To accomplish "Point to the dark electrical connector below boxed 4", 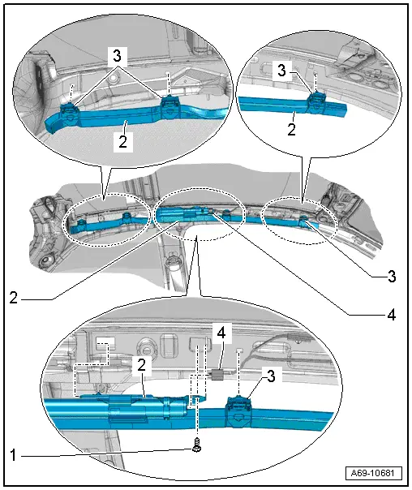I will [217, 376].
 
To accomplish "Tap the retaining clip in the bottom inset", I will [242, 407].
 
